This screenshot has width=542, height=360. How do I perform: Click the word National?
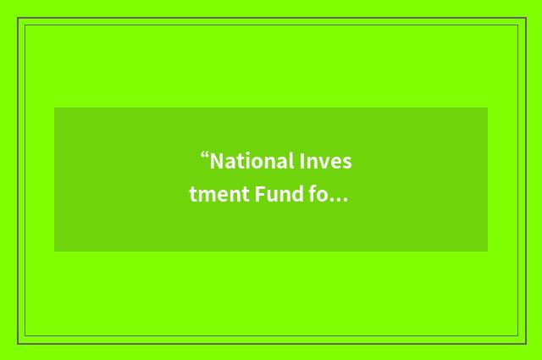pos(252,161)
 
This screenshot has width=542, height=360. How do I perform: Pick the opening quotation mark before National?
pos(205,157)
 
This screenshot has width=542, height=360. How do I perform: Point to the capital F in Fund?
pos(258,196)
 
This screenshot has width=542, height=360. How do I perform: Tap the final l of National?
pos(291,161)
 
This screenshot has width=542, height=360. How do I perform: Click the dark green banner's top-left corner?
pos(55,108)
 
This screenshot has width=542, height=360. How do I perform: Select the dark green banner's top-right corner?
pos(487,108)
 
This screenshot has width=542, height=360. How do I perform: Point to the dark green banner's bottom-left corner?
pos(55,251)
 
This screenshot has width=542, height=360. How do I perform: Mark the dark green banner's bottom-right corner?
pos(487,251)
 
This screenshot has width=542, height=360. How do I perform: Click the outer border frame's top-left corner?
pos(19,19)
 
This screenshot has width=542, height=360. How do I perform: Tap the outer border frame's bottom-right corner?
pos(525,342)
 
